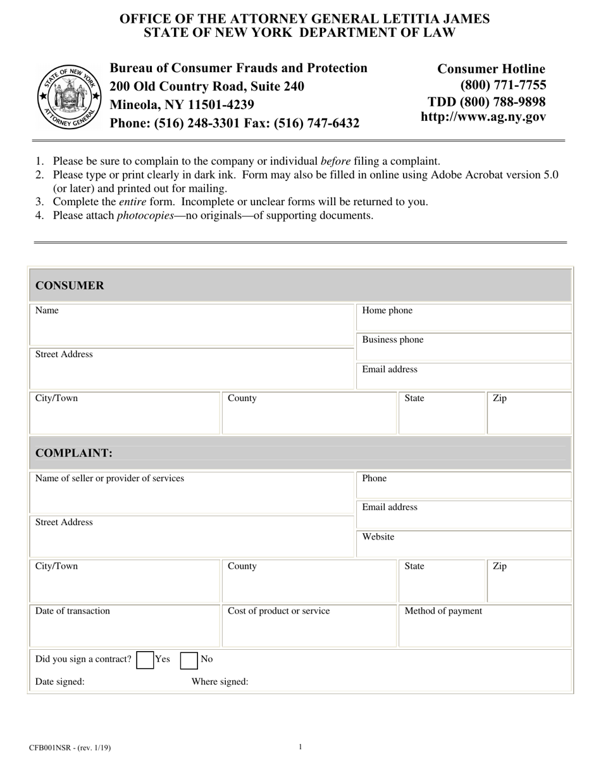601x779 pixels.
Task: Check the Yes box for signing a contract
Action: (145, 660)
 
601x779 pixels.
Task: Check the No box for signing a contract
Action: (189, 660)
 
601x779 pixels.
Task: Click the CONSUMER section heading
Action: (70, 286)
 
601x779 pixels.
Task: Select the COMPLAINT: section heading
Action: (74, 453)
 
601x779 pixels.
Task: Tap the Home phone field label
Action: (387, 310)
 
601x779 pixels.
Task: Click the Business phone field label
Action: (392, 339)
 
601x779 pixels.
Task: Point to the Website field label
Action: (378, 536)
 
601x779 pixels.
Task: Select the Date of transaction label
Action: (73, 611)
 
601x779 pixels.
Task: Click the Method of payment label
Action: (443, 611)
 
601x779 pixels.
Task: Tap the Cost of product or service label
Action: (278, 611)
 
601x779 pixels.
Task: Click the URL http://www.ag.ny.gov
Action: (483, 117)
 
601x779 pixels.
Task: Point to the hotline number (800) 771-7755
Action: (503, 85)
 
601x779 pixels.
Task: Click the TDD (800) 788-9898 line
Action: (486, 101)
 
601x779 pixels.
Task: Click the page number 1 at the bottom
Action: (300, 747)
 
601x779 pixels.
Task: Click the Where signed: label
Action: (220, 681)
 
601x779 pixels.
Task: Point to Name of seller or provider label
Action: (109, 478)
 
